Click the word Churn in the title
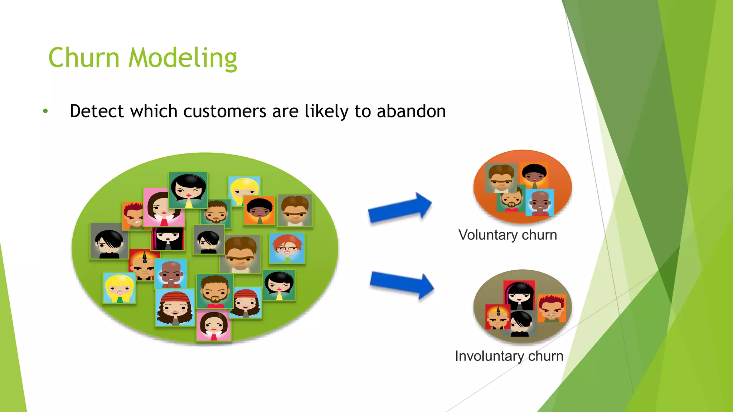(x=84, y=58)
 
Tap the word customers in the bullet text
(x=225, y=111)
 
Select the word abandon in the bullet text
(x=411, y=111)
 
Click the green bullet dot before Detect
(x=45, y=111)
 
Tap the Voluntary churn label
(x=508, y=235)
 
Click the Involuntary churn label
(x=509, y=356)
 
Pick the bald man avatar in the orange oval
(x=540, y=202)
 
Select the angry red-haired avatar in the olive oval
(x=552, y=308)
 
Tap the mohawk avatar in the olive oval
(x=497, y=317)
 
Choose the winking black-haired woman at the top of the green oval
(x=189, y=190)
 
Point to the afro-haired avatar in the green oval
(x=259, y=210)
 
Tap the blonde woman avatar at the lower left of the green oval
(x=119, y=288)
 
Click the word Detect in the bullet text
(x=97, y=111)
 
